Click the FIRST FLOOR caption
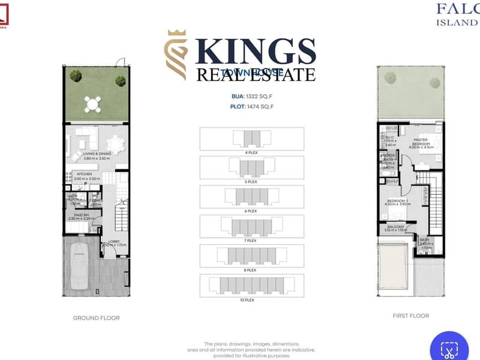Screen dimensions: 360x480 point(412,315)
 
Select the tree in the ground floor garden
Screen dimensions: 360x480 point(76,76)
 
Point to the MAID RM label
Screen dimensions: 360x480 point(82,214)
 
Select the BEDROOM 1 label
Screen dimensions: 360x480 point(397,201)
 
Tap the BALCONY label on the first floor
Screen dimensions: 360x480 point(397,227)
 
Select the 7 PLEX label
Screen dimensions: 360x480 point(251,240)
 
